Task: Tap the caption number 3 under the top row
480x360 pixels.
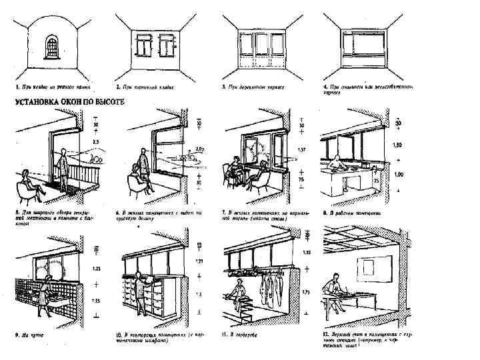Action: pyautogui.click(x=223, y=87)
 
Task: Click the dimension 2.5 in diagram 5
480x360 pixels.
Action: pyautogui.click(x=96, y=142)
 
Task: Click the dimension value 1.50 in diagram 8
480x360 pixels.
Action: pyautogui.click(x=399, y=145)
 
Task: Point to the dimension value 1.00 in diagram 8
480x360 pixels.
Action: pyautogui.click(x=399, y=175)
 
